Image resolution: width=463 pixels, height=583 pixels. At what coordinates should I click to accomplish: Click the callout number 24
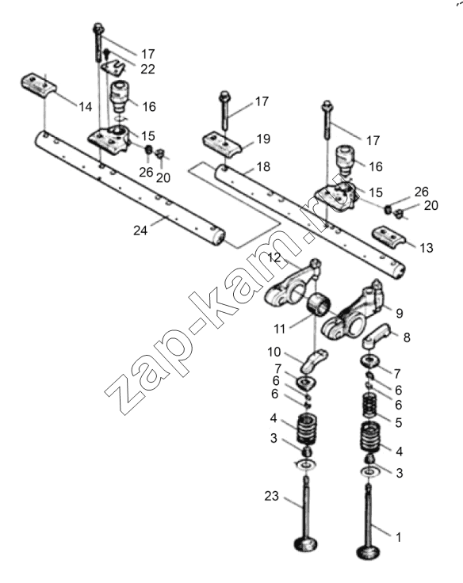(x=140, y=231)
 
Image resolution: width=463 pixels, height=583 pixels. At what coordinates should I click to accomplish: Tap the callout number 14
(x=86, y=107)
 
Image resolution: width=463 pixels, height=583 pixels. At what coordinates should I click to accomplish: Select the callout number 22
(x=147, y=69)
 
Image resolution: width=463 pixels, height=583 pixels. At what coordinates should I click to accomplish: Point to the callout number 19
(x=263, y=139)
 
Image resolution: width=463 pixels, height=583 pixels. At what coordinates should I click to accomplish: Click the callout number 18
(x=263, y=166)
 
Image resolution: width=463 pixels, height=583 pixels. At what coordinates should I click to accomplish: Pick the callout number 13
(x=427, y=248)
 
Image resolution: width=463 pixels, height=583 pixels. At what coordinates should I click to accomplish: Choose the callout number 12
(x=274, y=257)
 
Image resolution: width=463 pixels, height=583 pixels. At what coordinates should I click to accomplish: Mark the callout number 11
(x=279, y=329)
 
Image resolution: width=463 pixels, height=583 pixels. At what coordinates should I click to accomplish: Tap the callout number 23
(x=271, y=496)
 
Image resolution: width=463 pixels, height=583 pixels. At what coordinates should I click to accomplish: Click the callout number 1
(x=398, y=537)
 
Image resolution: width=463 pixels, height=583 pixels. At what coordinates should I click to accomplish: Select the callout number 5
(x=399, y=422)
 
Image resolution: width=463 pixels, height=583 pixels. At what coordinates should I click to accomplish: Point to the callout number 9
(x=400, y=313)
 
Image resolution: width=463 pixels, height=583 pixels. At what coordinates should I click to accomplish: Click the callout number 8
(x=407, y=337)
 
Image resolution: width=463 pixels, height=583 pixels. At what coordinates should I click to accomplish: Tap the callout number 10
(x=274, y=352)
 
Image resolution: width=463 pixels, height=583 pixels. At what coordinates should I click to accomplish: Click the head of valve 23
(x=306, y=544)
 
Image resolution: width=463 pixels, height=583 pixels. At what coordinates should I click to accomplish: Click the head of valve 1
(x=369, y=552)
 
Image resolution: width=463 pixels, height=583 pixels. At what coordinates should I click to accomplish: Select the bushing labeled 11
(x=318, y=304)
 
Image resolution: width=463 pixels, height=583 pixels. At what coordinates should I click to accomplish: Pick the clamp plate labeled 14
(x=38, y=86)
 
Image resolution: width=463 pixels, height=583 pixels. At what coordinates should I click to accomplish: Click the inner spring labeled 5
(x=370, y=407)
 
